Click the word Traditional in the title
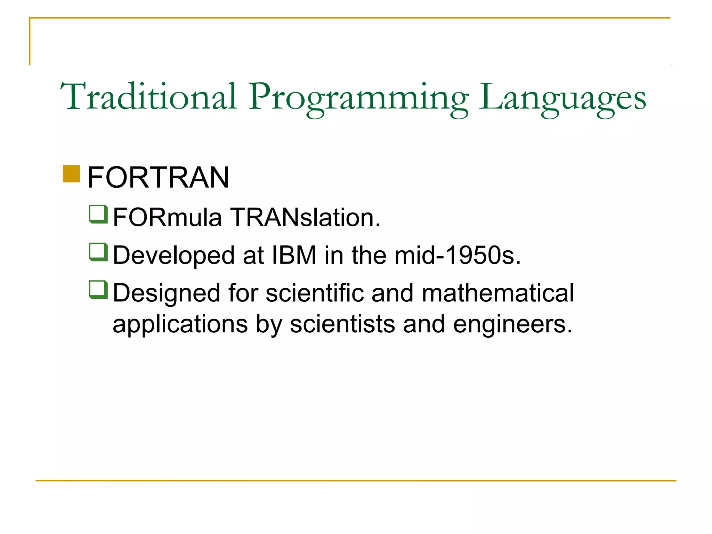(x=149, y=96)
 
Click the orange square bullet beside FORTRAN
(x=72, y=174)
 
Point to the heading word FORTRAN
(x=159, y=178)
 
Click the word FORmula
(x=167, y=218)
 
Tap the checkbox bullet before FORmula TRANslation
(x=98, y=214)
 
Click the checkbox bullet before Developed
(x=98, y=252)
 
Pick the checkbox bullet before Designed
(x=98, y=290)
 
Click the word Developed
(x=174, y=256)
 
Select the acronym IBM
(x=294, y=255)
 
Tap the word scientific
(x=314, y=293)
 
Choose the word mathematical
(x=498, y=293)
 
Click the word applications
(x=180, y=324)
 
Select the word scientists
(x=342, y=324)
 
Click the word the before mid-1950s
(x=369, y=255)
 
